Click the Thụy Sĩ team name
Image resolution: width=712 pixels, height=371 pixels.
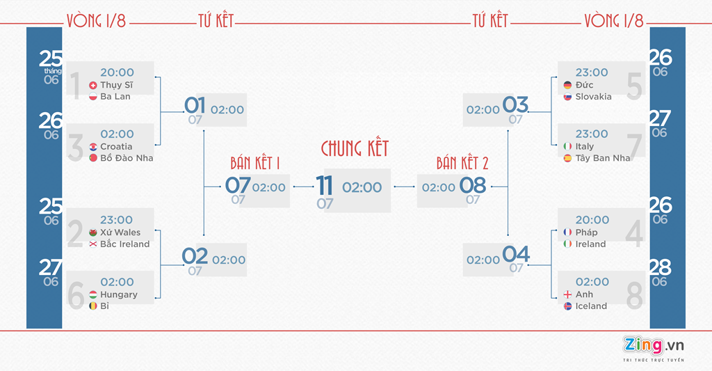click(116, 85)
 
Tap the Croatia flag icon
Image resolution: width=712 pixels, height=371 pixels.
click(93, 147)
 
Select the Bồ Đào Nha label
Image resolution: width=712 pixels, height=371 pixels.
click(127, 158)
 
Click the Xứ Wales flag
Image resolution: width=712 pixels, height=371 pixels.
click(93, 232)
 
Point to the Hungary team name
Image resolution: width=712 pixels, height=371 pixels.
click(118, 294)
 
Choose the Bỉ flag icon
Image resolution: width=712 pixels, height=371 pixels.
click(93, 306)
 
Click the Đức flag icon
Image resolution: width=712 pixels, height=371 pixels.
click(567, 85)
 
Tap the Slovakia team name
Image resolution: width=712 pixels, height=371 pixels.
click(593, 97)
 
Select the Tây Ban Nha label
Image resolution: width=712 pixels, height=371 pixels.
click(602, 158)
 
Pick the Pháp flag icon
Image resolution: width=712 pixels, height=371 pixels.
click(567, 232)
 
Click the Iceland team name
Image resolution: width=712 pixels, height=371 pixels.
click(591, 306)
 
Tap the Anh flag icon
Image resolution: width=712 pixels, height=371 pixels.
click(567, 294)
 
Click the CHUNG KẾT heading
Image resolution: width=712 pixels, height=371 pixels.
click(355, 148)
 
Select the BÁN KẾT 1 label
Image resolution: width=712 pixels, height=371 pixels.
click(255, 164)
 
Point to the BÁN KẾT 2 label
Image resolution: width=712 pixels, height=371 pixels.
click(462, 164)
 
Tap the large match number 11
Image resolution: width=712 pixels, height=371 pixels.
click(325, 186)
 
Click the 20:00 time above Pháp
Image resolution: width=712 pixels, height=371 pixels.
click(592, 220)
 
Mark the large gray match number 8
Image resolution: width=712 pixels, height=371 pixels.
click(635, 295)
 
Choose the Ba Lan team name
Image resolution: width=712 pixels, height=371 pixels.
click(115, 97)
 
